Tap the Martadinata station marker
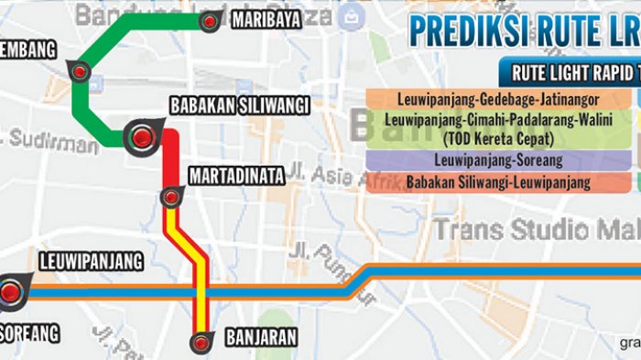170,196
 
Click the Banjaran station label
259,338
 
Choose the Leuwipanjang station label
91,262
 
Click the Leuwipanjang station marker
11,291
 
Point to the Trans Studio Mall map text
536,228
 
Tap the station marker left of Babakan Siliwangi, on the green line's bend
79,71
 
